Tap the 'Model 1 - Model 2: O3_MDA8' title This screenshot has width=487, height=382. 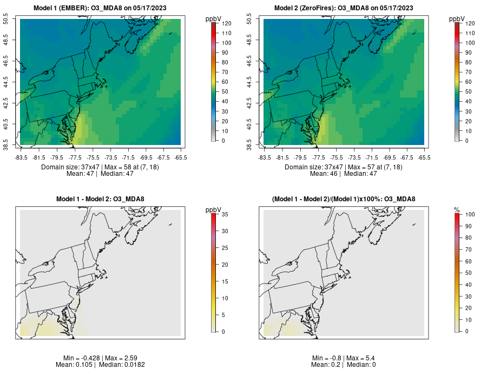click(100, 199)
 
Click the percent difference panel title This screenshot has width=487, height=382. click(344, 199)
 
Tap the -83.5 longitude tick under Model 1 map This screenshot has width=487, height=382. click(21, 157)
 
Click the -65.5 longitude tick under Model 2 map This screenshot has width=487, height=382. click(424, 157)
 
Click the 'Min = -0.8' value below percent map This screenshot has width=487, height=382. click(326, 358)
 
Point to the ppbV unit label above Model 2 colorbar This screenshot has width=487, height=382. click(457, 19)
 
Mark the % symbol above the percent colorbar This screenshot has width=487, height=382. click(457, 210)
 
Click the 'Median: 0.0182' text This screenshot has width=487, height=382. click(122, 365)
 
